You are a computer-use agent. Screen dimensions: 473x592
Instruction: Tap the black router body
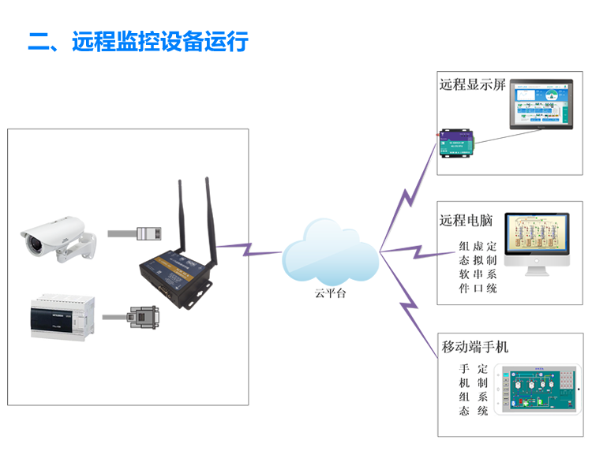pyautogui.click(x=175, y=273)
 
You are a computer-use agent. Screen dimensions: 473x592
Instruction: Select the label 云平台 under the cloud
pyautogui.click(x=330, y=292)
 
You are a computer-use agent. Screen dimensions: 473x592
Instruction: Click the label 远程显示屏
pyautogui.click(x=472, y=84)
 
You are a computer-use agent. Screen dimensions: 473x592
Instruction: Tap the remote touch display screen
pyautogui.click(x=541, y=107)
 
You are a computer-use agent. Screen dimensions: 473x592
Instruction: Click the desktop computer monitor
pyautogui.click(x=537, y=240)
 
